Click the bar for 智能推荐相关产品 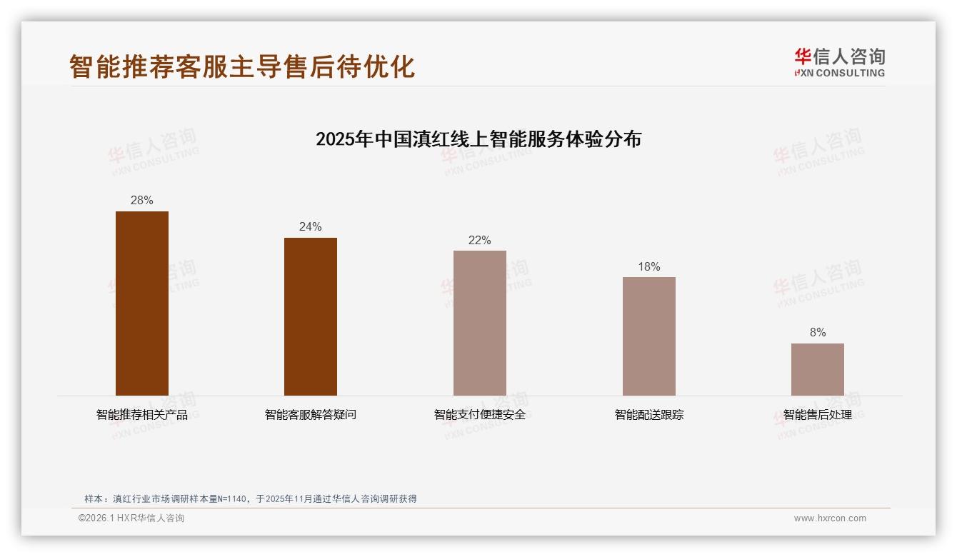[142, 303]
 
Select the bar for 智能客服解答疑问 [311, 316]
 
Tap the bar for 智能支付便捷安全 [480, 323]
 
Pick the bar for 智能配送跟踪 [648, 336]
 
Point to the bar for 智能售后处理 [818, 369]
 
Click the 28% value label [142, 201]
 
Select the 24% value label [311, 227]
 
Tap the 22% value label [480, 241]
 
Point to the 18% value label [648, 267]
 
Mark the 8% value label [818, 333]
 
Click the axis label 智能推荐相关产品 [142, 415]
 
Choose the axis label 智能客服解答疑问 [311, 415]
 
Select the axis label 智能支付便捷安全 [480, 415]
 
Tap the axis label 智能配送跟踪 [648, 415]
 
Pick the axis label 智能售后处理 [818, 415]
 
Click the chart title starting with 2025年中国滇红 [478, 139]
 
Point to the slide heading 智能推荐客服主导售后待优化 [242, 66]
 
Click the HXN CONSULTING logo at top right [839, 63]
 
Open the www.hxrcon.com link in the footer [830, 518]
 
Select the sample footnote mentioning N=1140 [251, 499]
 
